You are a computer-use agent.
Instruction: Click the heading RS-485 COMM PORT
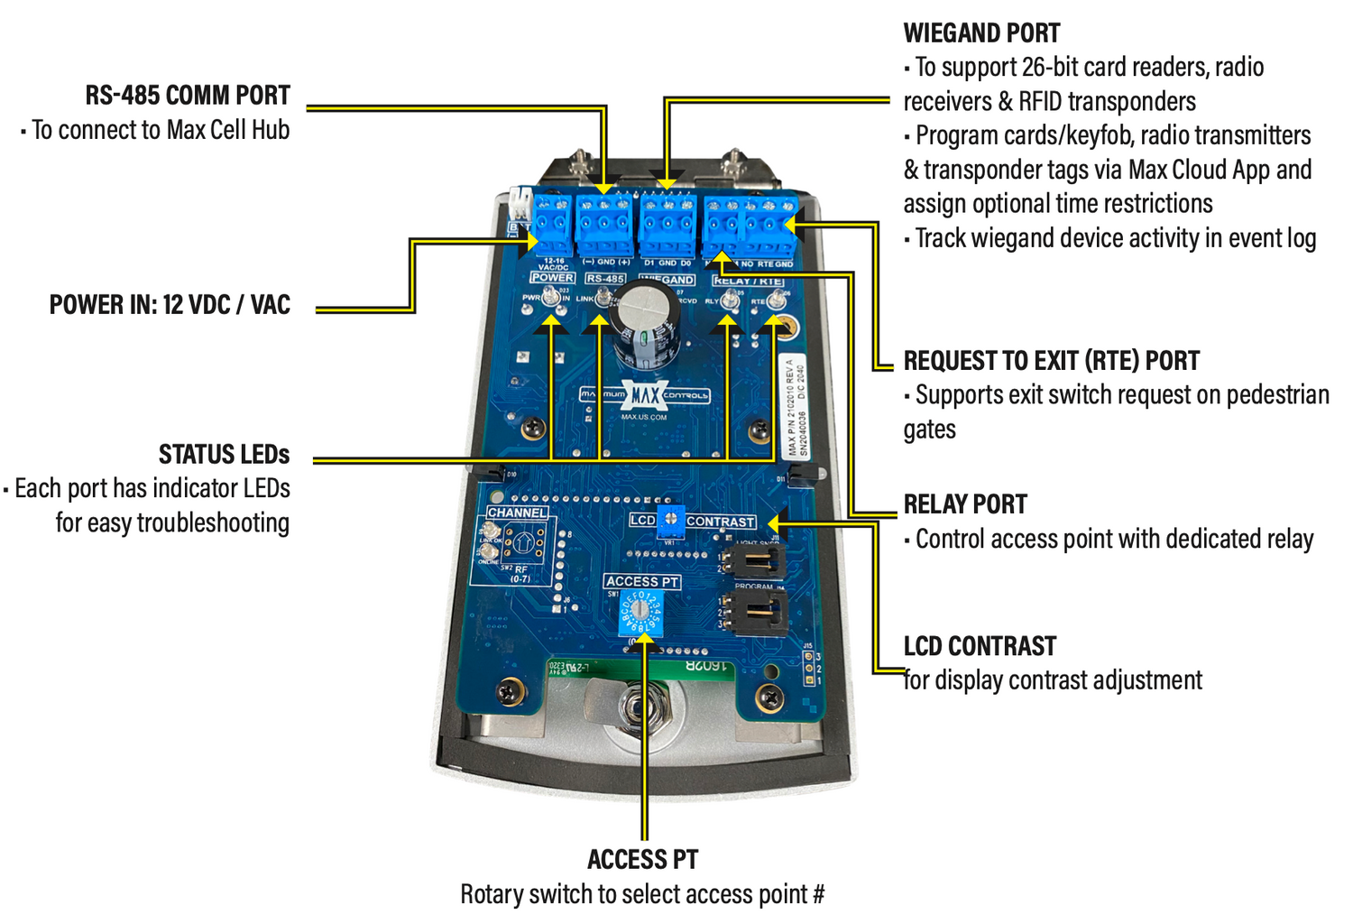[188, 96]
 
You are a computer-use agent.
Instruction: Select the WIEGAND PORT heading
[981, 33]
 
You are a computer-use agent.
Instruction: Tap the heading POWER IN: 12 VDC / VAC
[170, 305]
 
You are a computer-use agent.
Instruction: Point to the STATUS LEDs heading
[224, 454]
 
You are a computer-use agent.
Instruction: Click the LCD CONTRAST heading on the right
[980, 646]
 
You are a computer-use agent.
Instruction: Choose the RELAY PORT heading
[965, 504]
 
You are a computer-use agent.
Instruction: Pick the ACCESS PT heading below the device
[642, 859]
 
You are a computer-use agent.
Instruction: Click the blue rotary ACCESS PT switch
[641, 614]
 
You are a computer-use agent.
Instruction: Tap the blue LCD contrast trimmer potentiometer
[670, 520]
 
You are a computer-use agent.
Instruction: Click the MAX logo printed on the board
[644, 395]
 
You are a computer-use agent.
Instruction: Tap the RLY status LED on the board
[729, 301]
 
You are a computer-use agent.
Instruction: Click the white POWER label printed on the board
[552, 278]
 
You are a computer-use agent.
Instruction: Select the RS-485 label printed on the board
[604, 279]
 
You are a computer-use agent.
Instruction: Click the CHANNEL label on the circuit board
[517, 513]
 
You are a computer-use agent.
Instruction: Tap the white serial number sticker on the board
[791, 405]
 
